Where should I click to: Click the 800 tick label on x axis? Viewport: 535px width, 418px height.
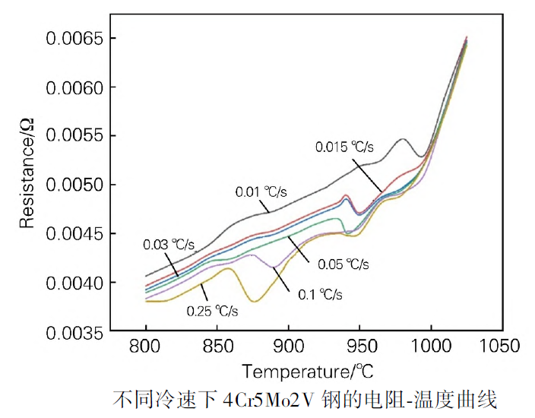pos(146,347)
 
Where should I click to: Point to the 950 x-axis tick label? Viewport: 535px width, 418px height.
pos(359,347)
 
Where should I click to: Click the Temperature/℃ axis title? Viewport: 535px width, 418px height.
pos(308,373)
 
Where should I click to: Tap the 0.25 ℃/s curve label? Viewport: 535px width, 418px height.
pos(213,310)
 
